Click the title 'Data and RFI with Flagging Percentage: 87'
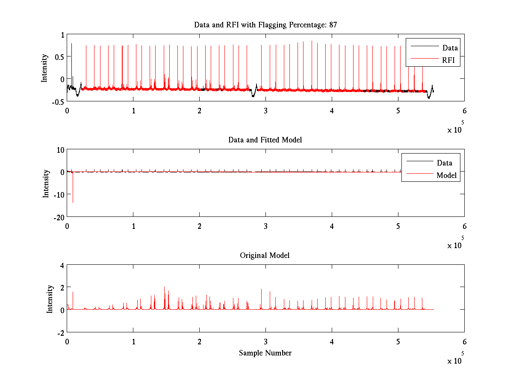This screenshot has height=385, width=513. click(265, 25)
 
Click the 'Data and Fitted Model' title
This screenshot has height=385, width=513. click(265, 140)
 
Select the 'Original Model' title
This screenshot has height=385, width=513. click(265, 255)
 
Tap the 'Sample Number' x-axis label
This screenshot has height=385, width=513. click(265, 353)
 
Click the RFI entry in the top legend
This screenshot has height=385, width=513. click(451, 60)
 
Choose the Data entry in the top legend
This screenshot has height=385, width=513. click(450, 47)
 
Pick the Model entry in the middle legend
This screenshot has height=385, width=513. click(446, 175)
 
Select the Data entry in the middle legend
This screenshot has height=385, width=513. click(444, 163)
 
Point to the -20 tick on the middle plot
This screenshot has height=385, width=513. click(59, 217)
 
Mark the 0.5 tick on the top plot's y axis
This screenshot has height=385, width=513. click(59, 56)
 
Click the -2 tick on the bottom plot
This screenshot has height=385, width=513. click(60, 332)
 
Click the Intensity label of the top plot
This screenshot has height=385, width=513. click(44, 68)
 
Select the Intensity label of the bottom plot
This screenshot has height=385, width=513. click(50, 299)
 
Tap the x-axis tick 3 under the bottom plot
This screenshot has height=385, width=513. click(265, 341)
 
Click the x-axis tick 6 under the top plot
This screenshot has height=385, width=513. click(464, 110)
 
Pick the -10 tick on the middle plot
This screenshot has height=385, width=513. click(59, 194)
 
